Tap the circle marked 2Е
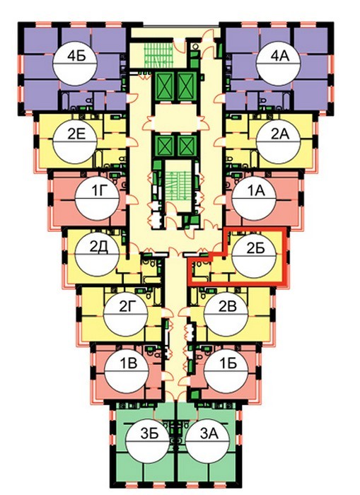coord(75,141)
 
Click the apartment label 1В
coord(127,363)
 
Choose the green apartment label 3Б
coord(149,433)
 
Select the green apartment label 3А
coord(209,433)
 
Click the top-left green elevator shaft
coord(164,85)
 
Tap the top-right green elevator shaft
coord(187,85)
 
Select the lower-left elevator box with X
coord(165,146)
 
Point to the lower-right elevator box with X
coord(187,146)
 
